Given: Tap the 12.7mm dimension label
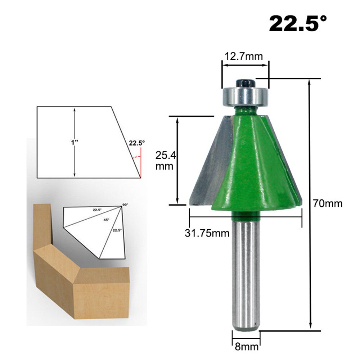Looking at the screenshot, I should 244,56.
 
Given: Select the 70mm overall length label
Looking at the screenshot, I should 328,203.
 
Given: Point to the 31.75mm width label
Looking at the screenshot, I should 207,233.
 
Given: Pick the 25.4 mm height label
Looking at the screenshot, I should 165,161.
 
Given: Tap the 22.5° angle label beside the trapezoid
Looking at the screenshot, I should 137,143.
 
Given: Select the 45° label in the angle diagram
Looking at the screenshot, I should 106,219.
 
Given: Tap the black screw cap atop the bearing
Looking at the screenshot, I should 245,82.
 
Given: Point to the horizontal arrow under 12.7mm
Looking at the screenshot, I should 245,65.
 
